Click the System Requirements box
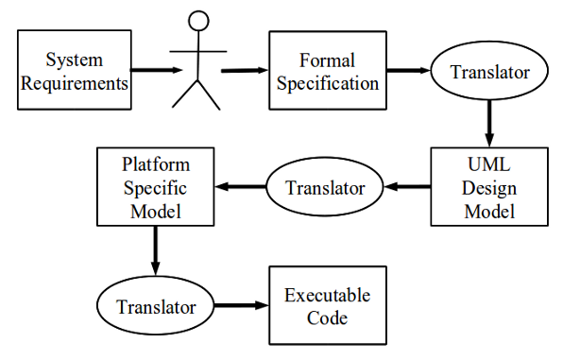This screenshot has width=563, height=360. (74, 70)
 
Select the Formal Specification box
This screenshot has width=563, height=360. (326, 71)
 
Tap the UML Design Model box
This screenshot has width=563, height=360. (488, 187)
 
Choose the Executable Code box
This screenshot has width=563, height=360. (328, 307)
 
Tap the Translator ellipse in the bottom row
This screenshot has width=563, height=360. (156, 307)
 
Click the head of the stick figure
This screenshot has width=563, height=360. (197, 23)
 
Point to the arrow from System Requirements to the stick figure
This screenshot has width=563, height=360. (157, 70)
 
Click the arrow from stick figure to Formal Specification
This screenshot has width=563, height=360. (244, 70)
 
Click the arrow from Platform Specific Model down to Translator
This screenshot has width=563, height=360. (154, 252)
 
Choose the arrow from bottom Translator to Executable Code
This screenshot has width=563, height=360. (241, 307)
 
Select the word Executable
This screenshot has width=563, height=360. (328, 296)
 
